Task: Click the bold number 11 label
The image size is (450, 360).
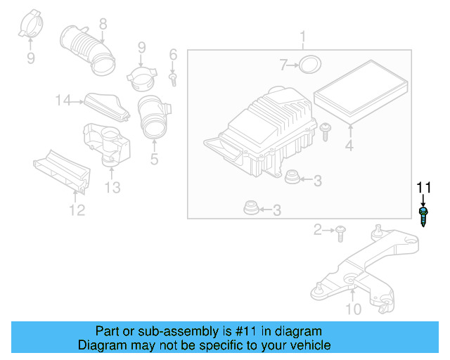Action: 423,187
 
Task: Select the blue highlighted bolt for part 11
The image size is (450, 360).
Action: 423,216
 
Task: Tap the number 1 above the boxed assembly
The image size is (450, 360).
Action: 303,37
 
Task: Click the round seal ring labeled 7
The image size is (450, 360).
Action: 307,66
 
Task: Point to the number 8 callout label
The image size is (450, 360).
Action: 103,24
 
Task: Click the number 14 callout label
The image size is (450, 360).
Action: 64,101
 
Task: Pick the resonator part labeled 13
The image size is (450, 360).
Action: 108,145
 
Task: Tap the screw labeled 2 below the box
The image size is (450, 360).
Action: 340,231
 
